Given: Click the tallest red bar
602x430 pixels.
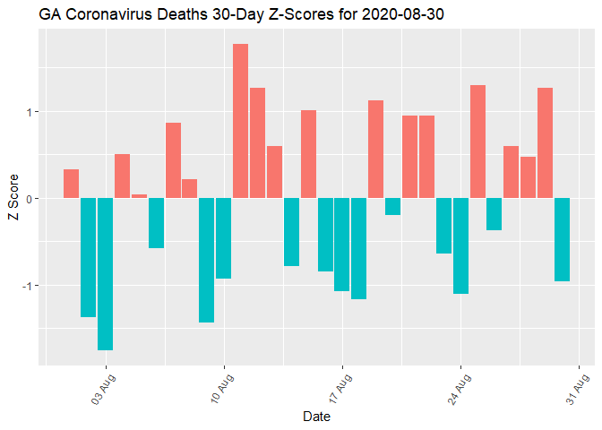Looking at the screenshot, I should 240,121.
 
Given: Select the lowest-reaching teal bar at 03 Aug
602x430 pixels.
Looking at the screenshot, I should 105,273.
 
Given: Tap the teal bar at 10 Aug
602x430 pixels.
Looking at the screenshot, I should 223,238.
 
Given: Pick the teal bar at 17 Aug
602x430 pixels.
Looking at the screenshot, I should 342,245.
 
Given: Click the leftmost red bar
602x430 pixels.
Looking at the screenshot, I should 71,184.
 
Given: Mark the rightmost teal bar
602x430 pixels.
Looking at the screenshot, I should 562,239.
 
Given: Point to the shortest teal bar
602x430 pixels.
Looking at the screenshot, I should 392,206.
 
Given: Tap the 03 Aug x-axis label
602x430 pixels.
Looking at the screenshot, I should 103,389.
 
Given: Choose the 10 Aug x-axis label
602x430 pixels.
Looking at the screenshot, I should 221,389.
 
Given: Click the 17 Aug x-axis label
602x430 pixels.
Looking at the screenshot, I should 340,389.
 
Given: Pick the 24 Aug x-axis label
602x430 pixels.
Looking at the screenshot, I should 458,389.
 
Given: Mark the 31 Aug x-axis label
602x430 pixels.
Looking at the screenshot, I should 576,389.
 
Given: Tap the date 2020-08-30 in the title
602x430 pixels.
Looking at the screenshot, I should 328,15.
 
